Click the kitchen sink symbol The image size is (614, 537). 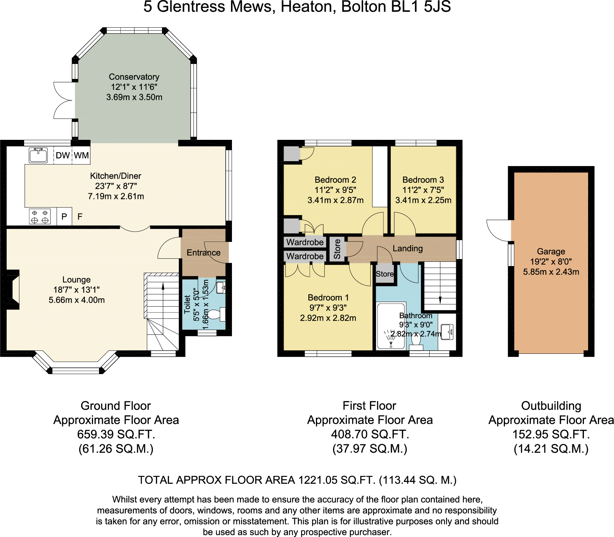click(x=38, y=155)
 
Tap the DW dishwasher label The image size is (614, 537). click(x=63, y=155)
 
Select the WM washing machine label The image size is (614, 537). click(x=81, y=155)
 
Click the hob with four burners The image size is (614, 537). click(x=40, y=216)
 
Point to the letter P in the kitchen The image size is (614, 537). click(x=64, y=217)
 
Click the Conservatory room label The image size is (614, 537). click(x=134, y=77)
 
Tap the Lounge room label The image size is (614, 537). click(x=76, y=280)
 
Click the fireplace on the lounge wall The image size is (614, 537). click(x=13, y=289)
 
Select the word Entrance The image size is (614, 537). click(x=203, y=253)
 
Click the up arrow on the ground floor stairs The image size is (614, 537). click(x=163, y=287)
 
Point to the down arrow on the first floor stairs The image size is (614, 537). click(x=440, y=300)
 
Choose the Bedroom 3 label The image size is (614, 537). click(x=423, y=180)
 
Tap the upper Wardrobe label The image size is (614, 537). click(x=305, y=242)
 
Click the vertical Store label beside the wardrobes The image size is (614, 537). click(x=337, y=249)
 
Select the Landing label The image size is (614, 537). click(x=408, y=249)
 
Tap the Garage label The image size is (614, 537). click(x=551, y=251)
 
